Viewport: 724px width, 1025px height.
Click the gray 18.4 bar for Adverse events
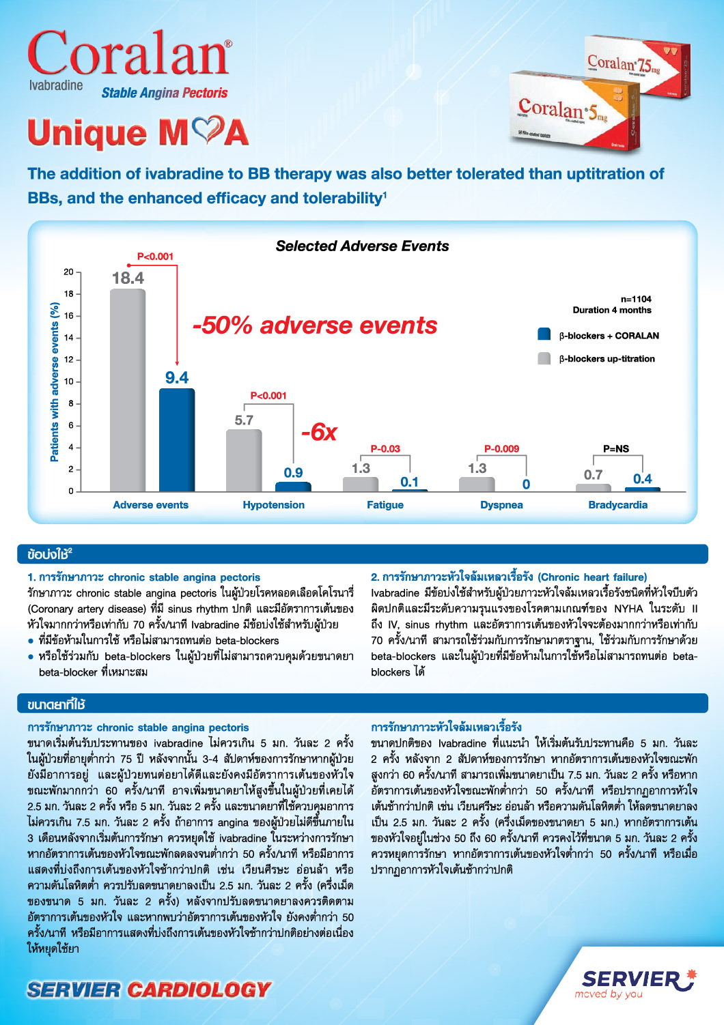coord(128,389)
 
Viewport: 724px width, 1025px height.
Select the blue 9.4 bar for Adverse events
coord(177,439)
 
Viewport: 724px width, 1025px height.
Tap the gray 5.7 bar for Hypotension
coord(244,460)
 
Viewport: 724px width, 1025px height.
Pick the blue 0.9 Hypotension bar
coord(293,487)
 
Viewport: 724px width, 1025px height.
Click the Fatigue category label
coord(385,505)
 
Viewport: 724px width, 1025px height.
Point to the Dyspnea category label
coord(501,505)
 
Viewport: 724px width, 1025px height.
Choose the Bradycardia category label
coord(617,505)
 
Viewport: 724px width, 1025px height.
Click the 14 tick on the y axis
coord(69,338)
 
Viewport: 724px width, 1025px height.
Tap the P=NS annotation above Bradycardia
coord(616,449)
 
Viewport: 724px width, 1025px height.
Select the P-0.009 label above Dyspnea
coord(501,449)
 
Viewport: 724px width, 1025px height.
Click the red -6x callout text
coord(319,432)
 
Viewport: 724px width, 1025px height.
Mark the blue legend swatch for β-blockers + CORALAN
coord(544,334)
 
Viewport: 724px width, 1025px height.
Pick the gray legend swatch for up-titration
coord(544,358)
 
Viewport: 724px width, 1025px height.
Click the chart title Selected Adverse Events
coord(362,246)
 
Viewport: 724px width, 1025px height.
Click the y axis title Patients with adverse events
coord(55,381)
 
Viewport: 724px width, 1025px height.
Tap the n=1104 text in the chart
coord(636,299)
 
